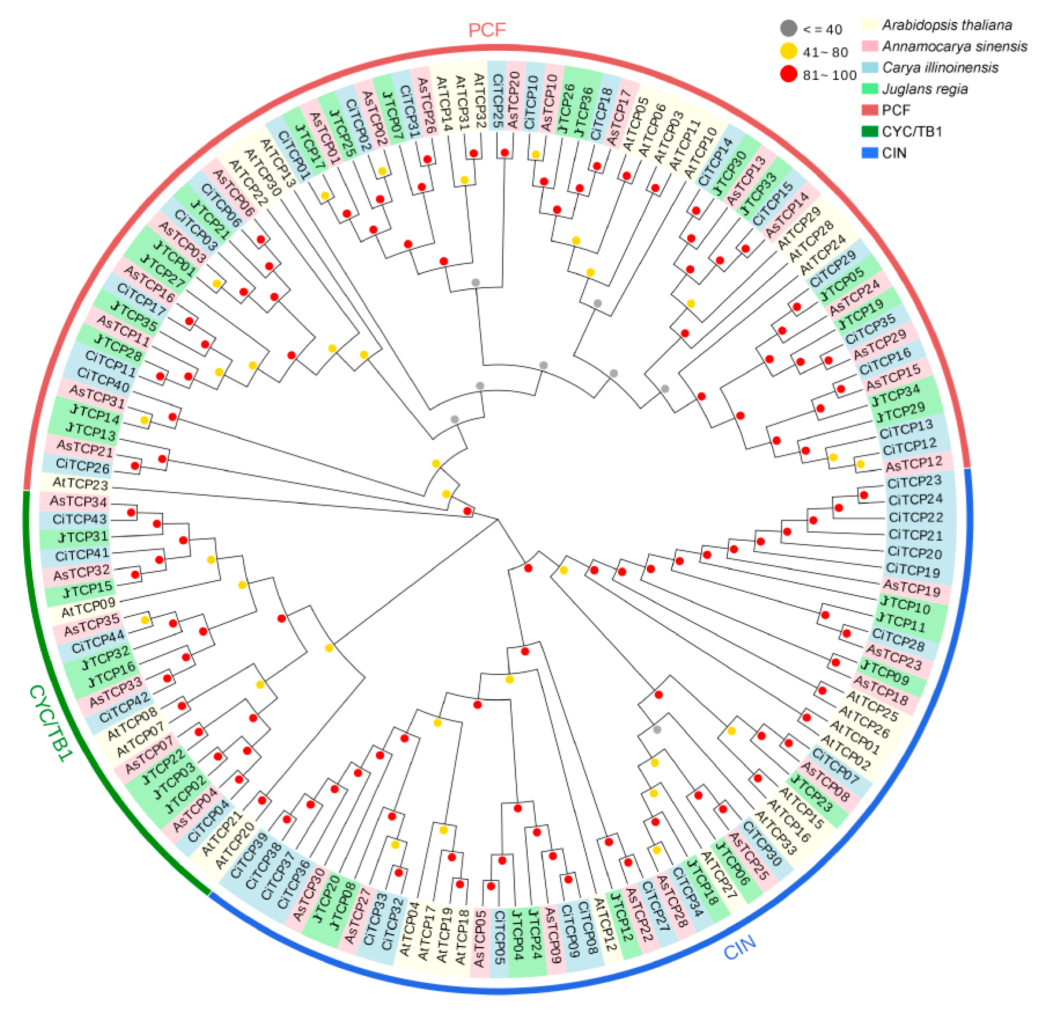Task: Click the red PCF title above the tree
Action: click(487, 29)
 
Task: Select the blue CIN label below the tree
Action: click(740, 948)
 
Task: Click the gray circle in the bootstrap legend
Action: click(788, 28)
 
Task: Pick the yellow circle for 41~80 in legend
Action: click(788, 51)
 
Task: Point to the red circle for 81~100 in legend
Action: click(788, 75)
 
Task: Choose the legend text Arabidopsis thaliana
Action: click(947, 25)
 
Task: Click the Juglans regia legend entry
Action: click(925, 89)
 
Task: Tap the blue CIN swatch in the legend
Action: click(870, 153)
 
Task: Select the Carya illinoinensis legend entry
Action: click(940, 68)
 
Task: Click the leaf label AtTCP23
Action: click(80, 483)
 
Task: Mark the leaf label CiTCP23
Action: click(914, 482)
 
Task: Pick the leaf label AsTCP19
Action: click(912, 588)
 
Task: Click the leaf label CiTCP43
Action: click(80, 519)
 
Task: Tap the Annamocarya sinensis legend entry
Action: click(954, 46)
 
